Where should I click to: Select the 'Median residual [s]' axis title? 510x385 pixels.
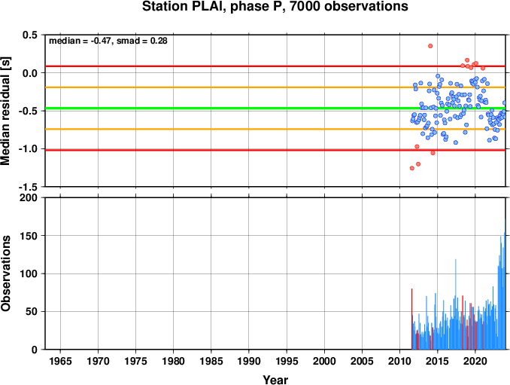pos(5,111)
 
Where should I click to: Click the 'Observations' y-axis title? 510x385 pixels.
pos(5,273)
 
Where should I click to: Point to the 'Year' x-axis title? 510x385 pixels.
pos(275,380)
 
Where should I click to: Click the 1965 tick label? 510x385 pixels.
pos(60,361)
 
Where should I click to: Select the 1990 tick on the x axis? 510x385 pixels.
pos(249,361)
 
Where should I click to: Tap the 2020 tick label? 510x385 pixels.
pos(475,361)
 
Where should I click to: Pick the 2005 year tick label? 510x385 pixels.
pos(362,361)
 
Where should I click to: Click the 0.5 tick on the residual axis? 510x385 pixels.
pos(30,35)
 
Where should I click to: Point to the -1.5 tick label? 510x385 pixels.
pos(28,187)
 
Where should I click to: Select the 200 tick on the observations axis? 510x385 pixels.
pos(29,197)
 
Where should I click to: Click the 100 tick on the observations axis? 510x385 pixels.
pos(29,273)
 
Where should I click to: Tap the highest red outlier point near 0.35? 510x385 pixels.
pos(430,46)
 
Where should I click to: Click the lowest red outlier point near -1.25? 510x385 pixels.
pos(411,168)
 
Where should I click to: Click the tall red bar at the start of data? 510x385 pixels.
pos(411,319)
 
